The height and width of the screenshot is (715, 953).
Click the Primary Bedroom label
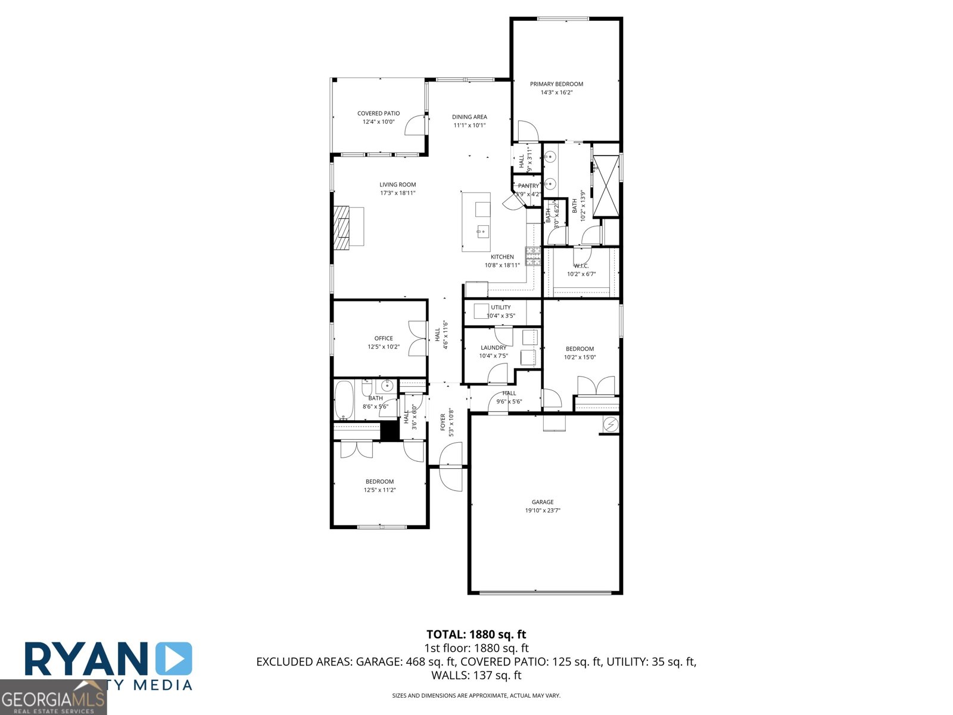[556, 84]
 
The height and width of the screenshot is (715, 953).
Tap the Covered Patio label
[378, 113]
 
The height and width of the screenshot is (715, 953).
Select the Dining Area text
[469, 117]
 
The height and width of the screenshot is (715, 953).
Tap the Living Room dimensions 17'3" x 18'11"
[398, 193]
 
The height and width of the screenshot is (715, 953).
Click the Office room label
[384, 338]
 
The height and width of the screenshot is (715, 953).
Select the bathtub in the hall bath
[344, 400]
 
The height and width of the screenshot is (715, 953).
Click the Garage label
[543, 502]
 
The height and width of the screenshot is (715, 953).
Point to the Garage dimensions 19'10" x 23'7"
[543, 510]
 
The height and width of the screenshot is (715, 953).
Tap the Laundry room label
[493, 347]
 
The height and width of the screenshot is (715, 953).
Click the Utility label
[501, 307]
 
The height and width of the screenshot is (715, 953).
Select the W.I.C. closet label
[581, 266]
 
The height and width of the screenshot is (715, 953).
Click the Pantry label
[528, 186]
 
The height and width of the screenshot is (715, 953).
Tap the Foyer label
[443, 422]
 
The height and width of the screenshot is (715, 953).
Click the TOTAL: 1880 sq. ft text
[476, 635]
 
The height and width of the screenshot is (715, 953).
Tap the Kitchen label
[502, 257]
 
